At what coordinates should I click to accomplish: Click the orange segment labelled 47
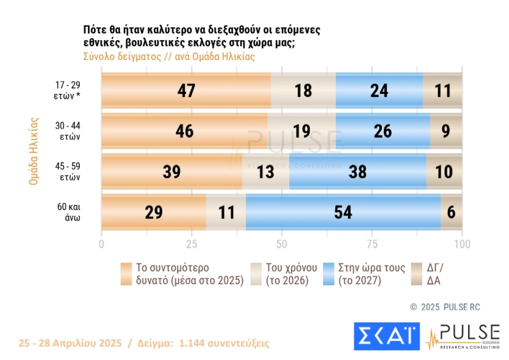[x=186, y=91]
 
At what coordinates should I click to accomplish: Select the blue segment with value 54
[x=344, y=213]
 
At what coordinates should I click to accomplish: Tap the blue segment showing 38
[x=358, y=172]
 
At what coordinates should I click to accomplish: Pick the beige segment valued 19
[x=301, y=131]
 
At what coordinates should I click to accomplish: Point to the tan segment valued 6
[x=452, y=213]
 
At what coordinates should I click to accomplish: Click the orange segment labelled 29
[x=154, y=213]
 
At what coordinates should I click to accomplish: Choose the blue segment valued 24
[x=379, y=91]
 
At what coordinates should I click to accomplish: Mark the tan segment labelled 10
[x=444, y=172]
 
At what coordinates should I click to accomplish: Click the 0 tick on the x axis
[x=102, y=244]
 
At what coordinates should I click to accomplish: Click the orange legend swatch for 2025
[x=125, y=273]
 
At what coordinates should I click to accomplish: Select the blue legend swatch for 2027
[x=330, y=273]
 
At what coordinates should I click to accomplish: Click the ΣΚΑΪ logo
[x=386, y=336]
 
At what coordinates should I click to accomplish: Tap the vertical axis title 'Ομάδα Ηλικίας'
[x=34, y=151]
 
